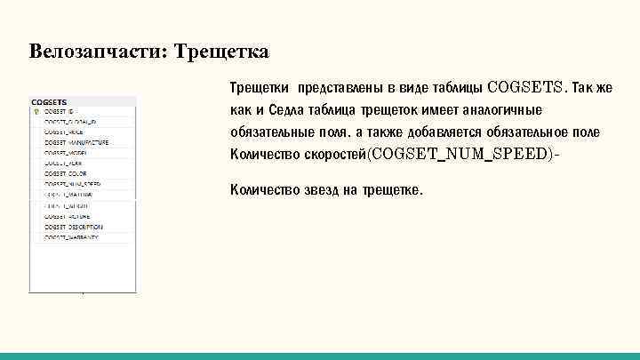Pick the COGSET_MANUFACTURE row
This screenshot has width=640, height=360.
pos(76,141)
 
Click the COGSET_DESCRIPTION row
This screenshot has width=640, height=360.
pos(73,227)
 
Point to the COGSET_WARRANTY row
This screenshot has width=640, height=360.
pos(70,237)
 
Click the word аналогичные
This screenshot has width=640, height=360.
pos(499,110)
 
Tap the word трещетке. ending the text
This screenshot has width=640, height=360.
pos(394,191)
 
